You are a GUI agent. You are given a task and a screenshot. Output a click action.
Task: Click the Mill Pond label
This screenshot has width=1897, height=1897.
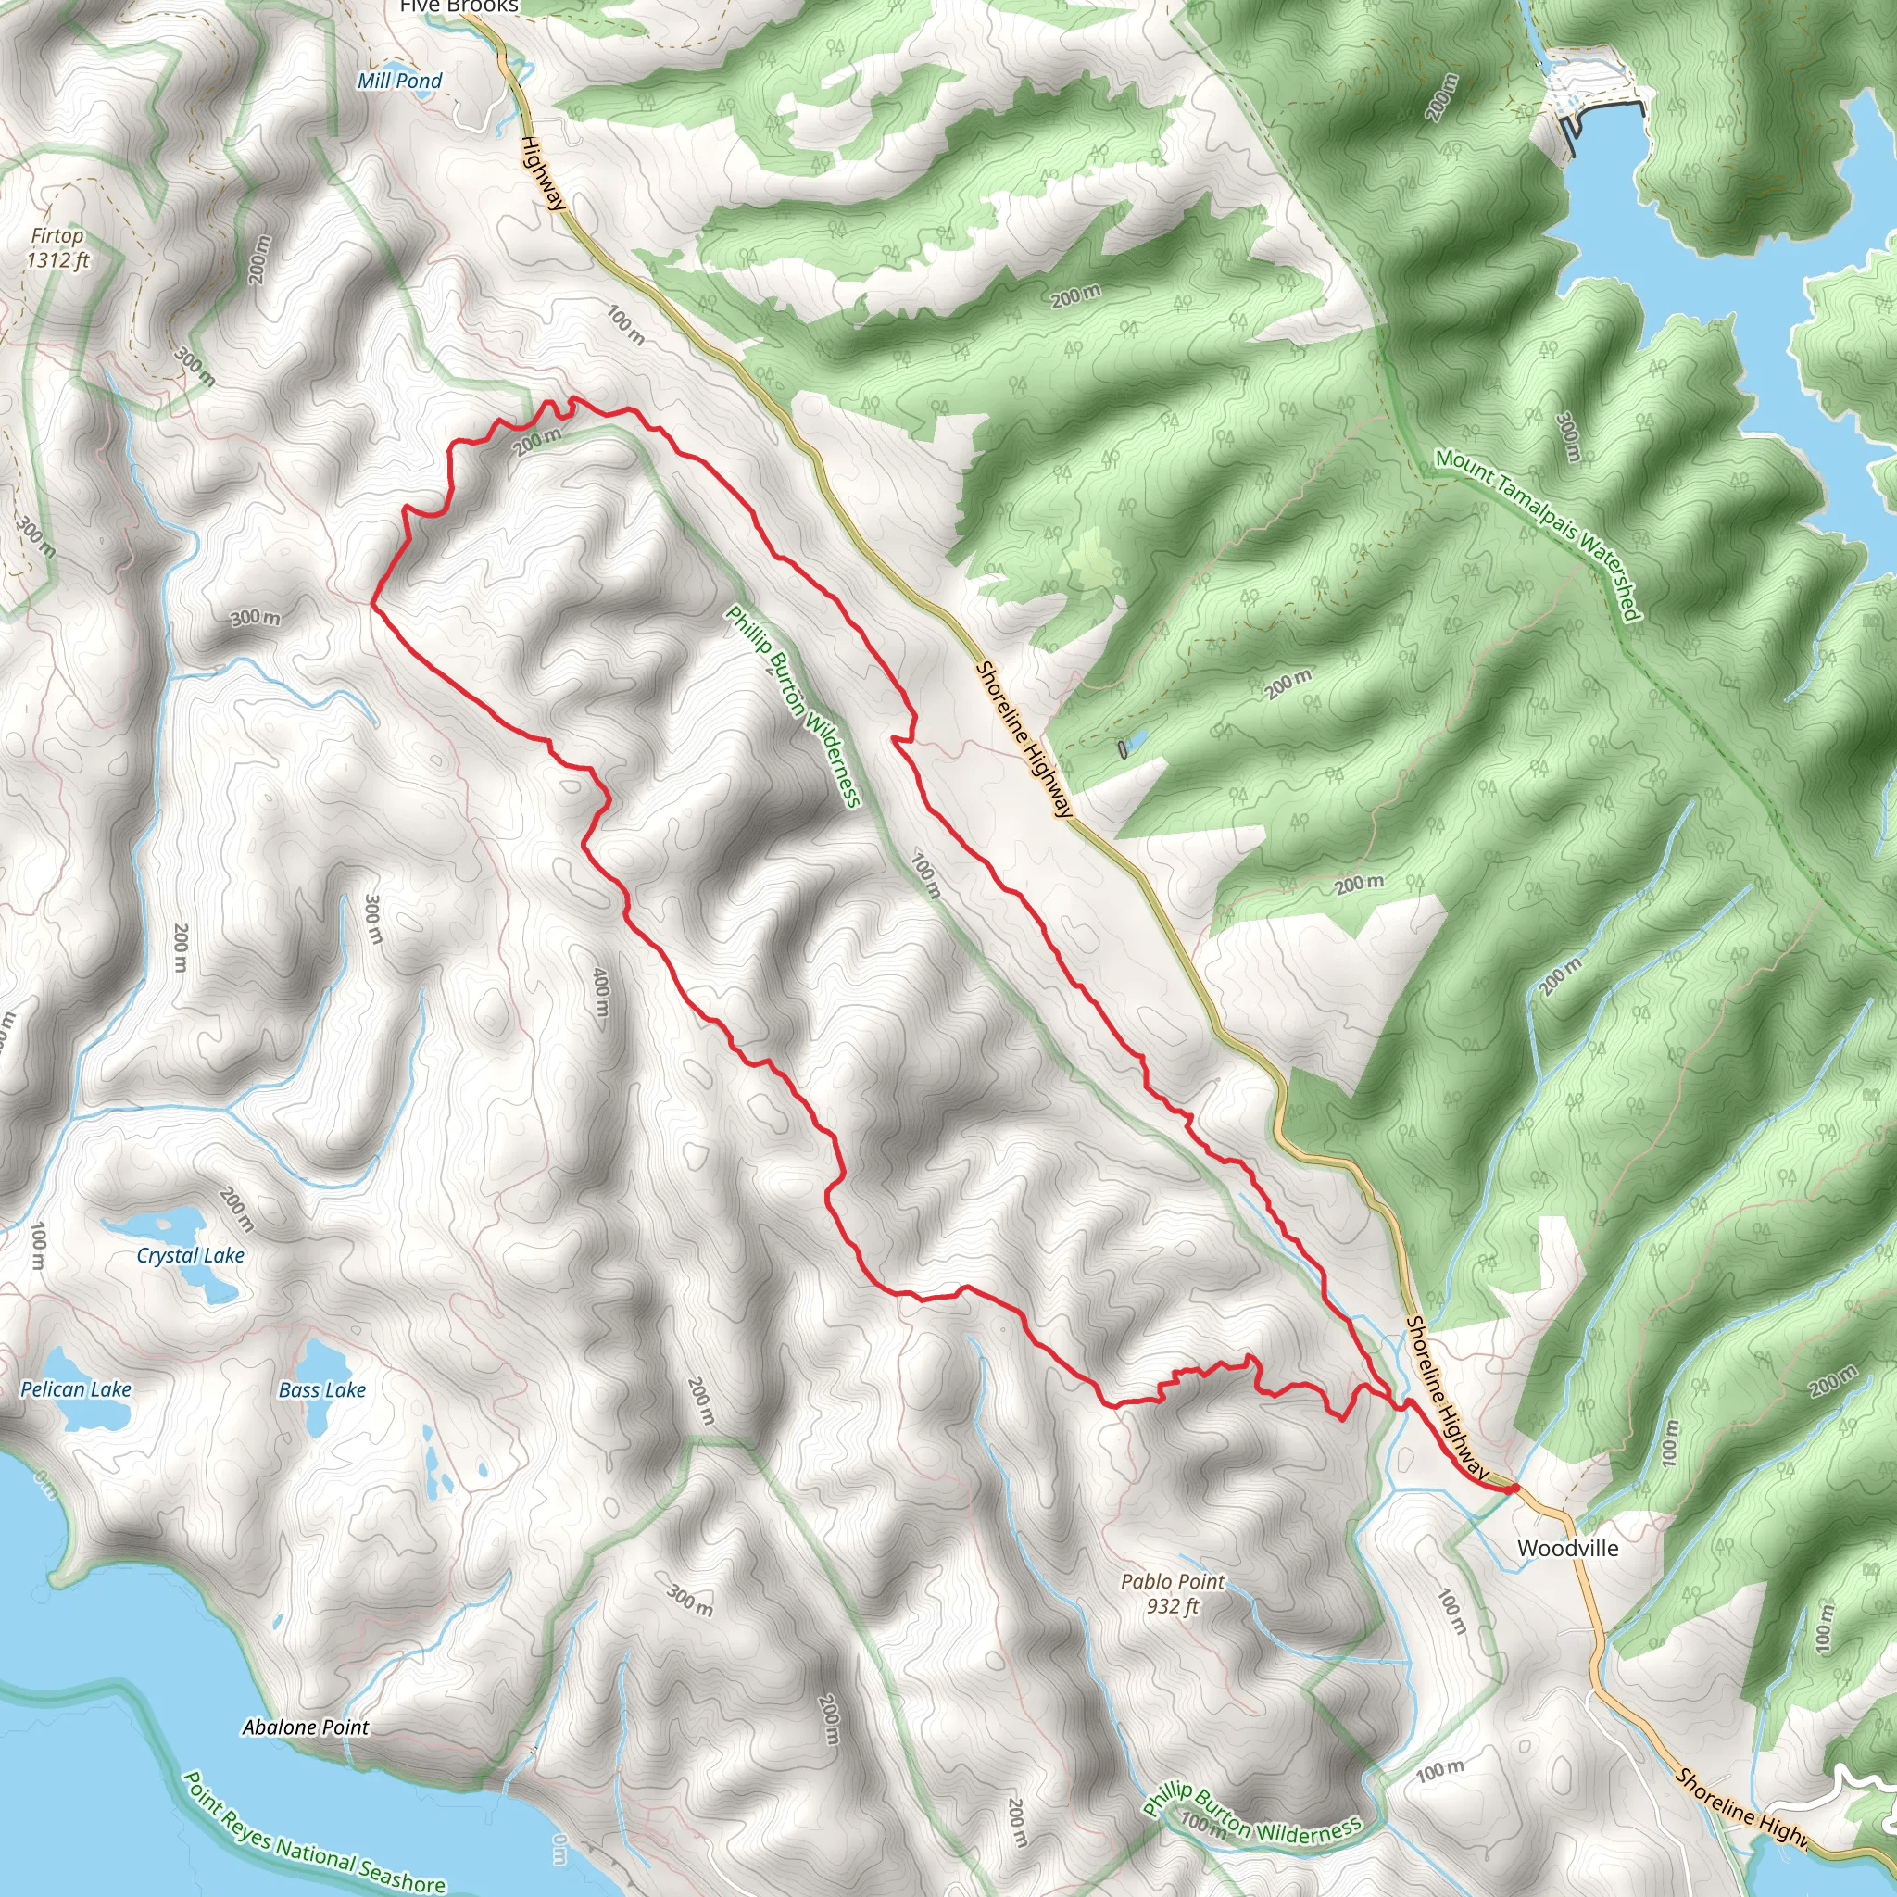[x=399, y=81]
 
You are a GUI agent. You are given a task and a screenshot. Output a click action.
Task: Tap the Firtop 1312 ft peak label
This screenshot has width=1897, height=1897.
[x=57, y=247]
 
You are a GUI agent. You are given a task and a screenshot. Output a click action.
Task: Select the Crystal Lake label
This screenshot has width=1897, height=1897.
[x=191, y=1255]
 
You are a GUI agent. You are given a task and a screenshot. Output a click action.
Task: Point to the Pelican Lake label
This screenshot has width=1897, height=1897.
[x=76, y=1389]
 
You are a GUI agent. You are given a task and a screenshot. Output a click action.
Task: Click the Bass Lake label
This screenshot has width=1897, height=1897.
[x=322, y=1390]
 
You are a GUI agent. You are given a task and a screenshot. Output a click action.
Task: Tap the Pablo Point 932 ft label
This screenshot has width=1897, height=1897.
[x=1173, y=1593]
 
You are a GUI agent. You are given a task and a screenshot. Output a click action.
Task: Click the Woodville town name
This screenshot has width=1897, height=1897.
[x=1567, y=1549]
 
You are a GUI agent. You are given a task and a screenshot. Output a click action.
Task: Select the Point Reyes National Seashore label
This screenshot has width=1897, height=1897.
[x=314, y=1832]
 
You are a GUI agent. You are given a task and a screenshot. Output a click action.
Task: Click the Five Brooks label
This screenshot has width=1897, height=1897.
[x=459, y=6]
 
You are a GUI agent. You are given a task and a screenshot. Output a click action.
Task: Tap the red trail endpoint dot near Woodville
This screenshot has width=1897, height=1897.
[x=1514, y=1489]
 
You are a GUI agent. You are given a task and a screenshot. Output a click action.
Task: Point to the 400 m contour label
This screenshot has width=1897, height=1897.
[x=601, y=993]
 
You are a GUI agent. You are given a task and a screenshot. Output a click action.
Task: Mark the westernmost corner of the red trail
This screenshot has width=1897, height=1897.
[x=372, y=604]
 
